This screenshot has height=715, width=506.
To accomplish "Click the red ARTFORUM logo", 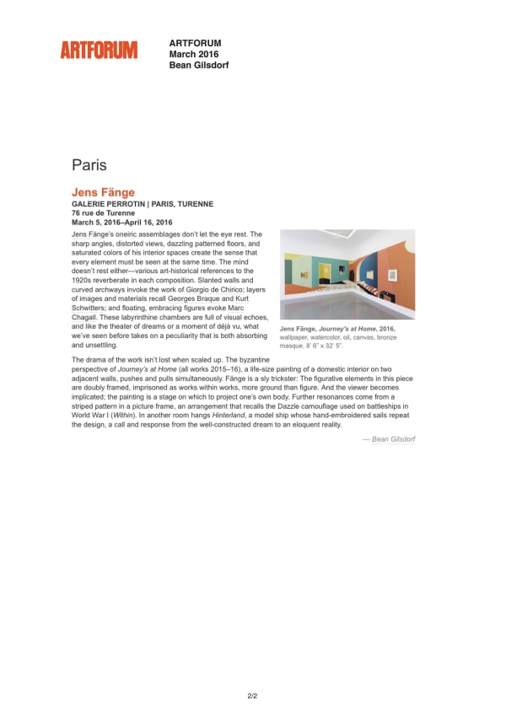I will click(x=99, y=51).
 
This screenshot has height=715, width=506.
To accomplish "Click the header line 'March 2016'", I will click(x=194, y=54).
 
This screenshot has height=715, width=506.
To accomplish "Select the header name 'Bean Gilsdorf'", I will click(x=199, y=65).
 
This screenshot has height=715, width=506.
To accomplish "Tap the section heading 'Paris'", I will click(x=89, y=164).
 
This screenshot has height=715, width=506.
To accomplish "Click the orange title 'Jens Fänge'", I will click(x=103, y=192).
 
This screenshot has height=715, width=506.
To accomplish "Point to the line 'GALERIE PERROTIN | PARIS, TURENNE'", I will click(x=143, y=204).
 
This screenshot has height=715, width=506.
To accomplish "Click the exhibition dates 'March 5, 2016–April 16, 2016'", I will click(x=122, y=223).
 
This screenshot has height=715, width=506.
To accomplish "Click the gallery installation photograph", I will click(x=347, y=274).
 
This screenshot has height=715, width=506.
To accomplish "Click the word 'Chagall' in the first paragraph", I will click(x=89, y=317).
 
